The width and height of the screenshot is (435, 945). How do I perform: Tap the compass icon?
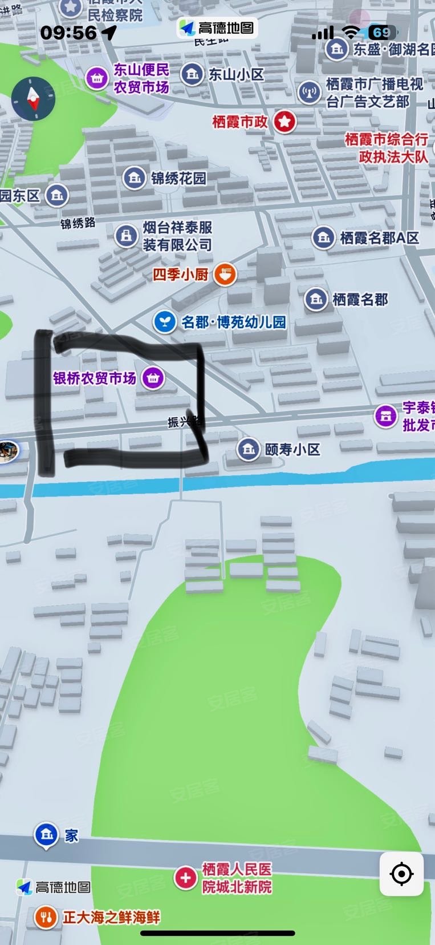tap(34, 98)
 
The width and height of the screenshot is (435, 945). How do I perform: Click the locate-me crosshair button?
tap(401, 874)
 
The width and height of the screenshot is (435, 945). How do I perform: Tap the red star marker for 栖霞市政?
tap(284, 122)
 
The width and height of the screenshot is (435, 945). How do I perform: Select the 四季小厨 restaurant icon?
tap(225, 274)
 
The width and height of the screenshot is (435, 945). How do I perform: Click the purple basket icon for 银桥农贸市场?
tap(152, 377)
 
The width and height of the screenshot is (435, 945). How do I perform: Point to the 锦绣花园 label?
tap(178, 178)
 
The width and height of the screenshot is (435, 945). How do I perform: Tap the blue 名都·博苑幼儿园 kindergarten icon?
tap(164, 322)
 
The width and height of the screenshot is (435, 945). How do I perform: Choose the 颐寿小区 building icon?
tap(248, 449)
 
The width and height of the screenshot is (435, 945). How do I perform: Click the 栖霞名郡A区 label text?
tap(379, 237)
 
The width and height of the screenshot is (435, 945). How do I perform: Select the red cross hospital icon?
tap(185, 878)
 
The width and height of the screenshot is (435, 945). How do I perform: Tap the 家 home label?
tap(71, 835)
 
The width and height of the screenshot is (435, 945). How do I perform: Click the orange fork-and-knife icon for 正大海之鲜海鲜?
tap(45, 917)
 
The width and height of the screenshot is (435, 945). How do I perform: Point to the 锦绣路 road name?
tap(78, 223)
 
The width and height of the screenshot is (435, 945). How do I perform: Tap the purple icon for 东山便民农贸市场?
tap(97, 78)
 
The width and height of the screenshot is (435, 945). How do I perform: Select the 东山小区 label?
tap(236, 74)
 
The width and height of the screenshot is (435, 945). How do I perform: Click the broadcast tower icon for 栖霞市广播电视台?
tap(309, 92)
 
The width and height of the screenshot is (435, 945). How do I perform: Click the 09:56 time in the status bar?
tap(68, 33)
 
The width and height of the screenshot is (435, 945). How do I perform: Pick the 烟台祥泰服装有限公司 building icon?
tap(125, 235)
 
